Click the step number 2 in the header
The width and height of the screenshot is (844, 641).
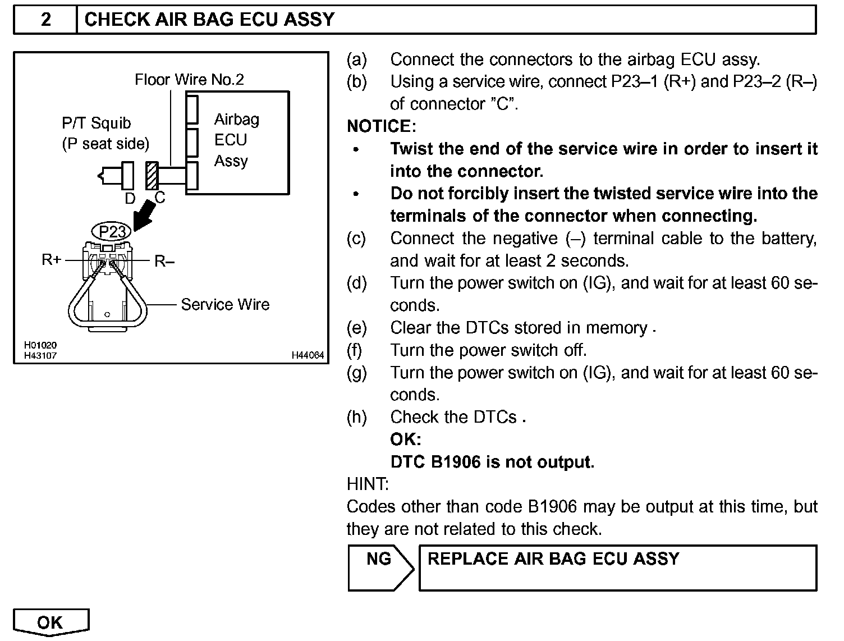[45, 20]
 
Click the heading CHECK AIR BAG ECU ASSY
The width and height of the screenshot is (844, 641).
[209, 20]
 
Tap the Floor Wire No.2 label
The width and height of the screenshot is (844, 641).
[189, 80]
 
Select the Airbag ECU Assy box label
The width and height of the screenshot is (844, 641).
[236, 140]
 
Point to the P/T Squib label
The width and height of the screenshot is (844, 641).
[96, 123]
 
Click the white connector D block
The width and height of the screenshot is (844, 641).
[127, 175]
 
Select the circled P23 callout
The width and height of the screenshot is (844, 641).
[112, 232]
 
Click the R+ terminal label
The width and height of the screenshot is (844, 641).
[52, 260]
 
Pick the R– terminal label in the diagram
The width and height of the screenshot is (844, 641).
[164, 261]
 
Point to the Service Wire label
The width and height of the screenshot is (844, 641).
[224, 305]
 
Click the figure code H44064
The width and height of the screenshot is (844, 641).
[308, 355]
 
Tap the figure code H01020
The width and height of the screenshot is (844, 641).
[40, 346]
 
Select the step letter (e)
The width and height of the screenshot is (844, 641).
[356, 328]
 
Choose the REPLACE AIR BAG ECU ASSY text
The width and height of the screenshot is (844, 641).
[553, 559]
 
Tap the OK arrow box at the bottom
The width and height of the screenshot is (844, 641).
[51, 622]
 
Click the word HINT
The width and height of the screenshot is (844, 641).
[368, 484]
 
